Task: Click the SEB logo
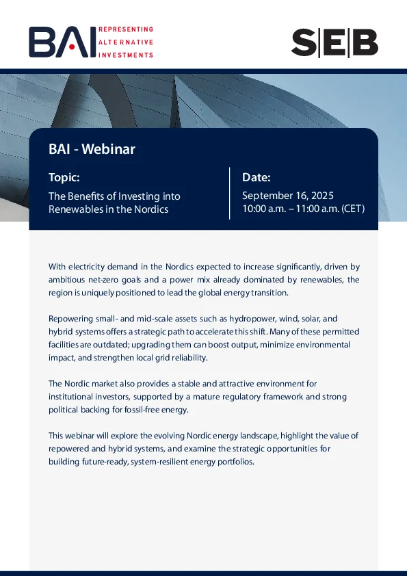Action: [334, 43]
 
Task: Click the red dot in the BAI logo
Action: [72, 47]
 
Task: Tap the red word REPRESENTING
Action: [126, 29]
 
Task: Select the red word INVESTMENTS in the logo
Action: [126, 55]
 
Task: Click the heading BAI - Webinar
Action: [92, 149]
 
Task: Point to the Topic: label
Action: [64, 177]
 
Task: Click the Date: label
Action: [257, 177]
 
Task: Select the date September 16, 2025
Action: [288, 196]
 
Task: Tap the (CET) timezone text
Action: [353, 209]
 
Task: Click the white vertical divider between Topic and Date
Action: [230, 194]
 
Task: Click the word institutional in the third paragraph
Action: [70, 397]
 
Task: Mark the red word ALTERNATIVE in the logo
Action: [126, 42]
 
